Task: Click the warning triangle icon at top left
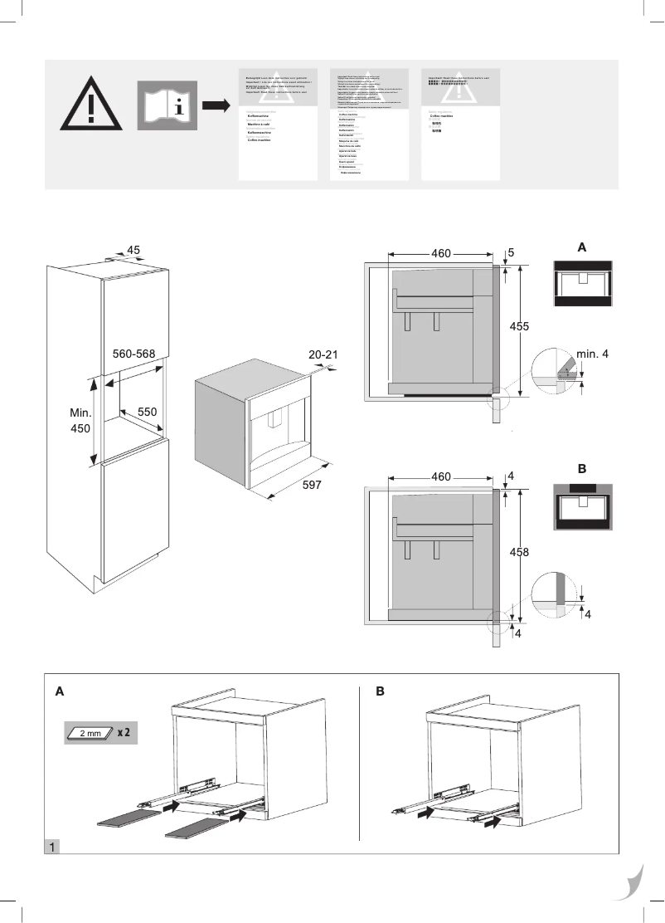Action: point(89,105)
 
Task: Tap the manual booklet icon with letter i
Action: point(167,105)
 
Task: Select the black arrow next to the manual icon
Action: point(216,105)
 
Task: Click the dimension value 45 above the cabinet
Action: point(133,250)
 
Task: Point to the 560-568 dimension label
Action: point(134,354)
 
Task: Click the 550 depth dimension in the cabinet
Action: point(148,411)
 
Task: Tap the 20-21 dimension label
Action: point(323,354)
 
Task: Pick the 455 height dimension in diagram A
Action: point(520,326)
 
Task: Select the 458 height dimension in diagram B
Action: point(520,551)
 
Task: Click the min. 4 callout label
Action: point(593,354)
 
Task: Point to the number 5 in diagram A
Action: point(512,252)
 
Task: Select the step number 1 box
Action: point(52,847)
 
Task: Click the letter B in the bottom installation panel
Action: point(380,690)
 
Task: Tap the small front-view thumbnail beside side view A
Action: point(582,284)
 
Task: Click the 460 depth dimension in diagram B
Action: point(441,477)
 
